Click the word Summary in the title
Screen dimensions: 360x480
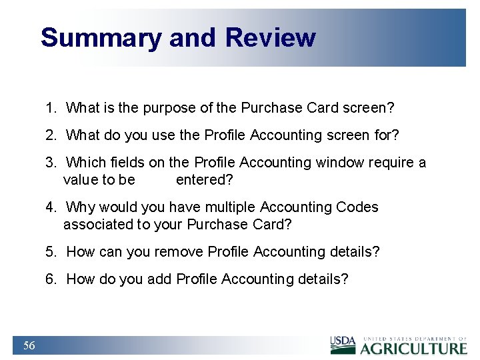point(101,37)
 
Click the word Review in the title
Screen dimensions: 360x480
point(270,37)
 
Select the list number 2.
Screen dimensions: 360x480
point(51,135)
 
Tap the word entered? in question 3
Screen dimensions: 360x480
point(204,180)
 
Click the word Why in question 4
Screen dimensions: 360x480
point(81,207)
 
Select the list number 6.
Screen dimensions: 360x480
point(51,279)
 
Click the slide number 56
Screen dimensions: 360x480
point(29,345)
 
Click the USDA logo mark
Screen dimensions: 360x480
point(343,345)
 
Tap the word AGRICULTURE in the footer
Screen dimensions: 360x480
point(414,348)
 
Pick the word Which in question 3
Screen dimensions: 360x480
point(86,163)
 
